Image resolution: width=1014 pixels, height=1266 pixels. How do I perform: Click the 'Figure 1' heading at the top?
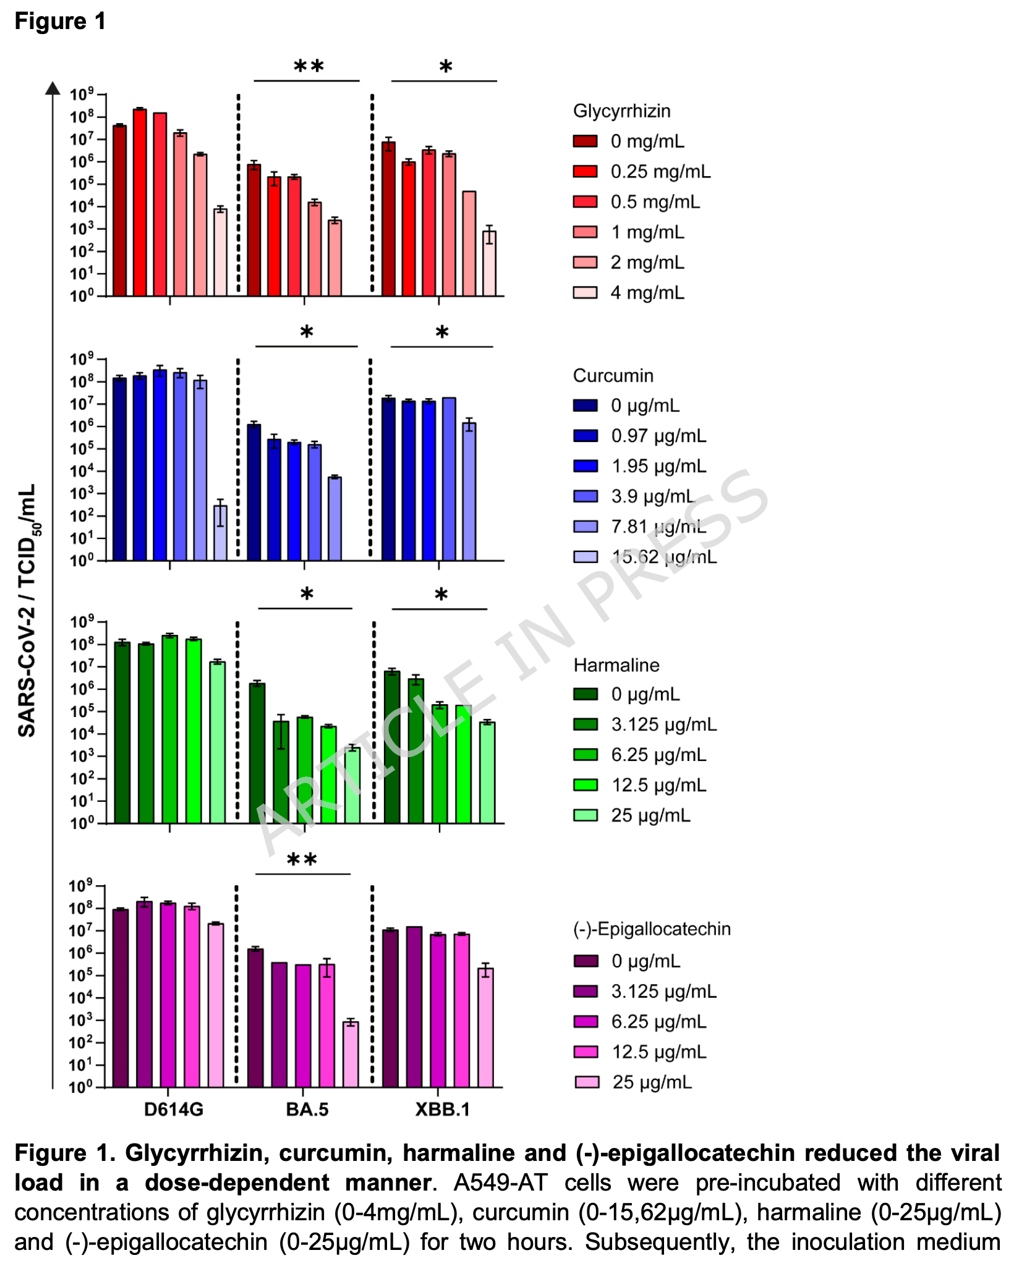[x=60, y=21]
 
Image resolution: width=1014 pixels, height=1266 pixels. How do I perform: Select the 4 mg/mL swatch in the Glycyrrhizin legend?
[x=585, y=292]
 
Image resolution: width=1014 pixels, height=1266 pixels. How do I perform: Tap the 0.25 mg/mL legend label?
[x=660, y=171]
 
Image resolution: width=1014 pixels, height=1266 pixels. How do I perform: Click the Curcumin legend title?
[x=613, y=375]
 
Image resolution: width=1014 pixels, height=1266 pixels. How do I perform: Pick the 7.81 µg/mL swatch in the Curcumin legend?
[x=585, y=527]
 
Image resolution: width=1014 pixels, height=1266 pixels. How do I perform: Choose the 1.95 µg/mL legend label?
[x=658, y=466]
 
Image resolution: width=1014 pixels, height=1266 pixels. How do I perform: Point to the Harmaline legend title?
[x=616, y=665]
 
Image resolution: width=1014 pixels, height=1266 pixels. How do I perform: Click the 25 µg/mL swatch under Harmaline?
[x=585, y=815]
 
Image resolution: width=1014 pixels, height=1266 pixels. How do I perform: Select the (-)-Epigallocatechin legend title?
[x=652, y=929]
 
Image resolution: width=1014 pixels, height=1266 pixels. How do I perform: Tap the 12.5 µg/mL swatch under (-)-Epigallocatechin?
[x=585, y=1051]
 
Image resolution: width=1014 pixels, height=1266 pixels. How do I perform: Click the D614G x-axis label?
[x=174, y=1110]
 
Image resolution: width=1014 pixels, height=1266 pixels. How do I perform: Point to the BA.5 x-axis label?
[x=307, y=1110]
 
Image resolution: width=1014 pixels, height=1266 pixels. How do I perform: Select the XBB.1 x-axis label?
[x=442, y=1110]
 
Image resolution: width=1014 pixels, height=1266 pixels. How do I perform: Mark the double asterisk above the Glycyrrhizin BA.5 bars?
[x=308, y=67]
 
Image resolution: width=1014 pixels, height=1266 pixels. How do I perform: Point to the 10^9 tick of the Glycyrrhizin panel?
[x=82, y=95]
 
